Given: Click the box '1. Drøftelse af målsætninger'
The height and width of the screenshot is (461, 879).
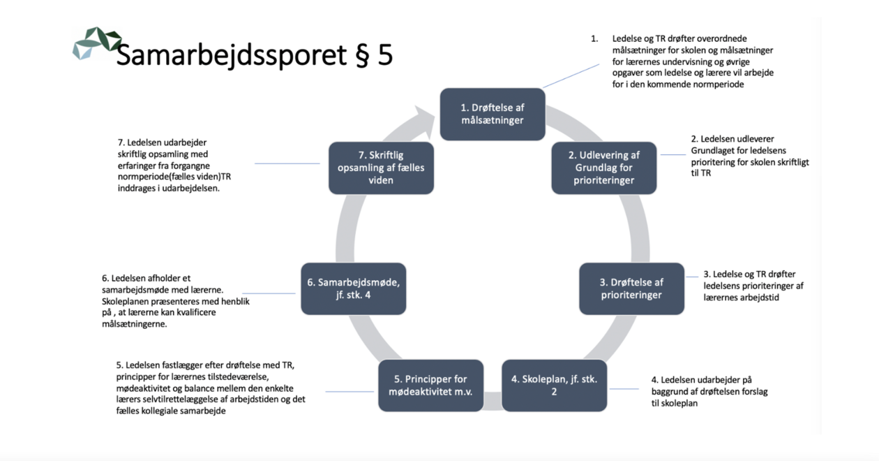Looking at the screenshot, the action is [x=493, y=115].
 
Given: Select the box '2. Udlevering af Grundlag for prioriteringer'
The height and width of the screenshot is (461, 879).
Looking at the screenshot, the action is [x=604, y=168].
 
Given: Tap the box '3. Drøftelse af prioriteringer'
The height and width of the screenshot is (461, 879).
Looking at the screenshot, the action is [x=632, y=289].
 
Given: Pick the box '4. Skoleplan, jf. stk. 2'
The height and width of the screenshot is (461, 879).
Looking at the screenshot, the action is [x=555, y=386].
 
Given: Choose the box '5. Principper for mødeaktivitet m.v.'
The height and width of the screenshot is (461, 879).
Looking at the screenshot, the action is [x=431, y=386].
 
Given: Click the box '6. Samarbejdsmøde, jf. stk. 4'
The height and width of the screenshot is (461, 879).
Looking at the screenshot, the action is [x=354, y=289].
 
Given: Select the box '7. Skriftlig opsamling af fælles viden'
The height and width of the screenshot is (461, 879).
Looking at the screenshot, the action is [x=382, y=168].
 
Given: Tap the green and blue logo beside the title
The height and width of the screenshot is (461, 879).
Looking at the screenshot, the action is [x=97, y=43].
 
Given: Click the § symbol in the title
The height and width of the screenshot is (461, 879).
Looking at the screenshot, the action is [x=363, y=56].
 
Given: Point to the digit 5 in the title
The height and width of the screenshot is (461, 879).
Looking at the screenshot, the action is [x=385, y=54].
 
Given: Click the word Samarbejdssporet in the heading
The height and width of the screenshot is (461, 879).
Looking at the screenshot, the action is [x=232, y=55].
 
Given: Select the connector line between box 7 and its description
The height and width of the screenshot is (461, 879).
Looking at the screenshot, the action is [x=287, y=163].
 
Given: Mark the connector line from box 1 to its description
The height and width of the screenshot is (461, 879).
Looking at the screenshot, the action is [x=571, y=76].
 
